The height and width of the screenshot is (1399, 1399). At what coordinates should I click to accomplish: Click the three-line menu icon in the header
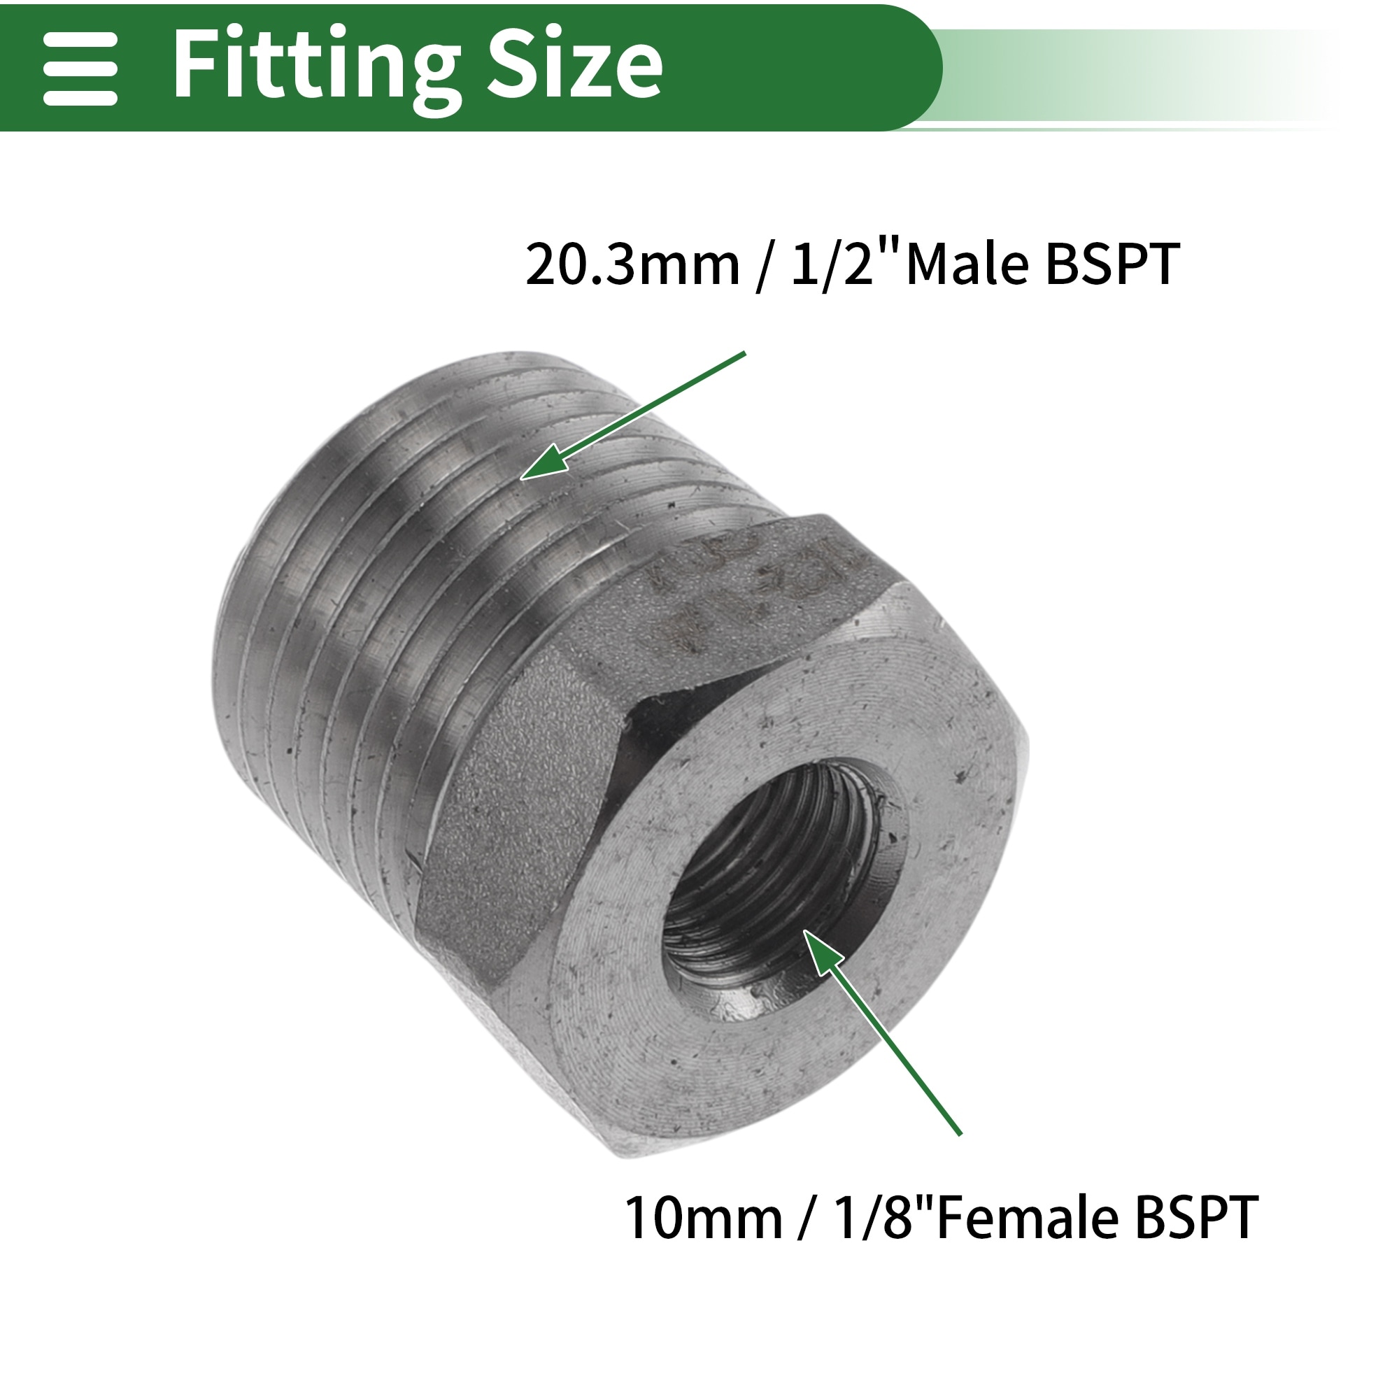(80, 69)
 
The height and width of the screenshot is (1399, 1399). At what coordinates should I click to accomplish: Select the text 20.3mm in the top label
(633, 265)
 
